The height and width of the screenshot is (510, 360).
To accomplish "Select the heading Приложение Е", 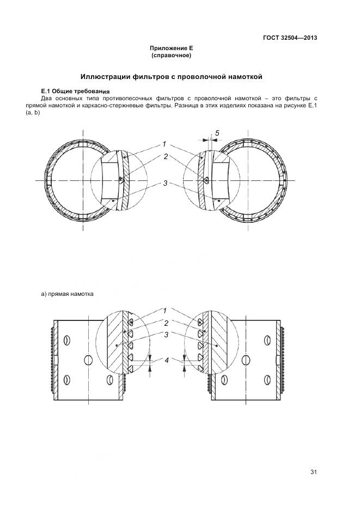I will pyautogui.click(x=172, y=48).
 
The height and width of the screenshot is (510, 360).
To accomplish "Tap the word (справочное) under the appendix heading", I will pyautogui.click(x=172, y=56).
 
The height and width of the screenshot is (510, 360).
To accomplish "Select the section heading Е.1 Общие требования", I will pyautogui.click(x=76, y=90).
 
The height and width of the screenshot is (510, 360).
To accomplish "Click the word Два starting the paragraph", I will pyautogui.click(x=47, y=98).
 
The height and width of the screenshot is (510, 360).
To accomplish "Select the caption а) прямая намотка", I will pyautogui.click(x=68, y=294).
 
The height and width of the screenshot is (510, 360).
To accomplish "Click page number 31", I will pyautogui.click(x=313, y=472).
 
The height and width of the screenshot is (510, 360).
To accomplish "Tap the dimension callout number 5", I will pyautogui.click(x=217, y=133).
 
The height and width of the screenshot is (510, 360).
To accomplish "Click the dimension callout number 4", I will pyautogui.click(x=167, y=360).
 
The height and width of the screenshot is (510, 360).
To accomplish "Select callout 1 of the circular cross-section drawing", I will pyautogui.click(x=163, y=144).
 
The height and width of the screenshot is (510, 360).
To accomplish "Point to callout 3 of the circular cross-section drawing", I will pyautogui.click(x=165, y=183).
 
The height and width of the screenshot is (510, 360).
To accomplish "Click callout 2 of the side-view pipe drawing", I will pyautogui.click(x=166, y=323).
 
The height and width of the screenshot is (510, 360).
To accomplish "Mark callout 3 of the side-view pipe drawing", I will pyautogui.click(x=166, y=335).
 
